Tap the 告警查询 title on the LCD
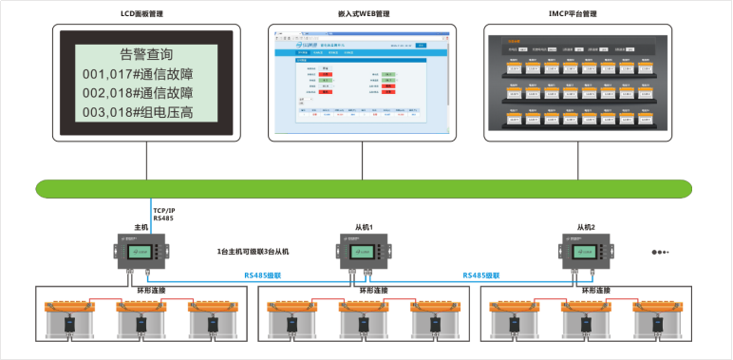pos(148,53)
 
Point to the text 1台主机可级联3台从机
pos(253,252)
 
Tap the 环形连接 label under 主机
pos(141,290)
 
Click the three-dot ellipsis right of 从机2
pos(660,253)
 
